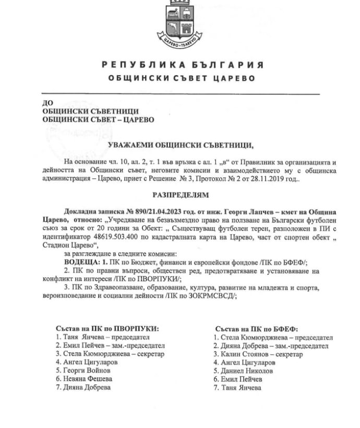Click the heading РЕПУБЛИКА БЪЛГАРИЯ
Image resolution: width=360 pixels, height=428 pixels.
[179, 65]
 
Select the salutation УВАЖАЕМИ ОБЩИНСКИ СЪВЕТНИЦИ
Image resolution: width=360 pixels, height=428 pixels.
[179, 145]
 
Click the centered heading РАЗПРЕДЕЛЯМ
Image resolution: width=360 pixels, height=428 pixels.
[179, 195]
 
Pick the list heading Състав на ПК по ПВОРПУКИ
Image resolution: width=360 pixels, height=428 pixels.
[107, 328]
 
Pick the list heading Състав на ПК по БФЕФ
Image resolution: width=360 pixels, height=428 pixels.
[256, 329]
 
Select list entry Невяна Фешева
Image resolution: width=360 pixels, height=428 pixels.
[84, 378]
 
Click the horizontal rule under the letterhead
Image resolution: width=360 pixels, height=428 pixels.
[179, 94]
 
